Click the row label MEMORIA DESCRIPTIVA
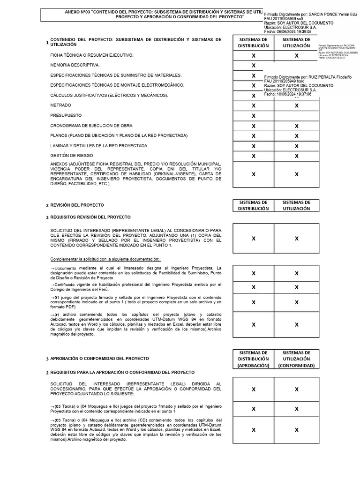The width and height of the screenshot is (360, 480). pos(75,65)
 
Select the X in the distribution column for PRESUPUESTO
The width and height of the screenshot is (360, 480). pos(254,116)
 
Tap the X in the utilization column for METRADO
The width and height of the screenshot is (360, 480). pos(296,106)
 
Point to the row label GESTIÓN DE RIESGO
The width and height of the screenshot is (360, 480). pos(71,155)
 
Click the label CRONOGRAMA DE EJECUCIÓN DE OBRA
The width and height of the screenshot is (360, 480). pos(91,126)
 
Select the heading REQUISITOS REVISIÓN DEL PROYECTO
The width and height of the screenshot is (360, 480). pos(90,217)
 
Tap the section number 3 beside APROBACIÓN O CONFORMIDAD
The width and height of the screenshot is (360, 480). pos(47,359)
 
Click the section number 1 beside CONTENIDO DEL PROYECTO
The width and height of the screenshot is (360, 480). pos(47,43)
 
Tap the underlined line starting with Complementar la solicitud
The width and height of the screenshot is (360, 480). pos(105,259)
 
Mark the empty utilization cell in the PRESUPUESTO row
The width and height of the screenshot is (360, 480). pos(296,116)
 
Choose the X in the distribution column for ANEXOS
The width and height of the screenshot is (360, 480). pos(254,174)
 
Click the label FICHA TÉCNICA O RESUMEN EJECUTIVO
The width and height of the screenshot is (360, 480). pos(92,55)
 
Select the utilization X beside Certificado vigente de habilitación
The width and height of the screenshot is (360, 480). pos(296,287)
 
